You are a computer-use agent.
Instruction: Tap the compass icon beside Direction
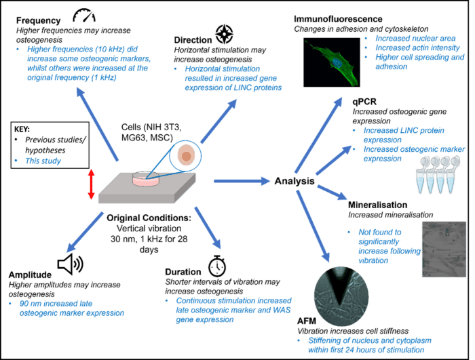coord(224,32)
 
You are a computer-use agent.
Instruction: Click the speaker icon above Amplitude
coord(69,262)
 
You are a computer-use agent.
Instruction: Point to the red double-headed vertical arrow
coord(90,185)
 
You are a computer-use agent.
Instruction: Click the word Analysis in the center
coord(294,181)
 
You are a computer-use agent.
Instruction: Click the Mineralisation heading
coord(378,204)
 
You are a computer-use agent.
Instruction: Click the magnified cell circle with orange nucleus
coord(184,157)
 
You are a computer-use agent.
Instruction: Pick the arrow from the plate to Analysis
coord(242,181)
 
